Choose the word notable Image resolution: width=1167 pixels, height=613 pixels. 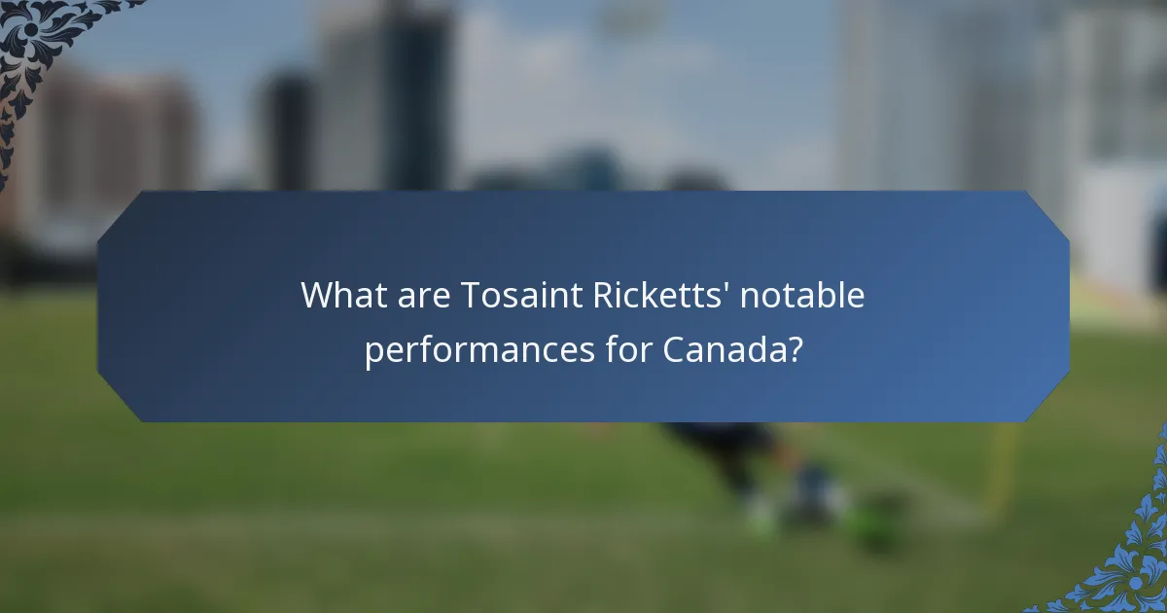click(802, 295)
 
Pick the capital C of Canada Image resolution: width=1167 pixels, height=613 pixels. click(674, 349)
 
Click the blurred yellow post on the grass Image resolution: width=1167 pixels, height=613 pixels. click(1002, 467)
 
